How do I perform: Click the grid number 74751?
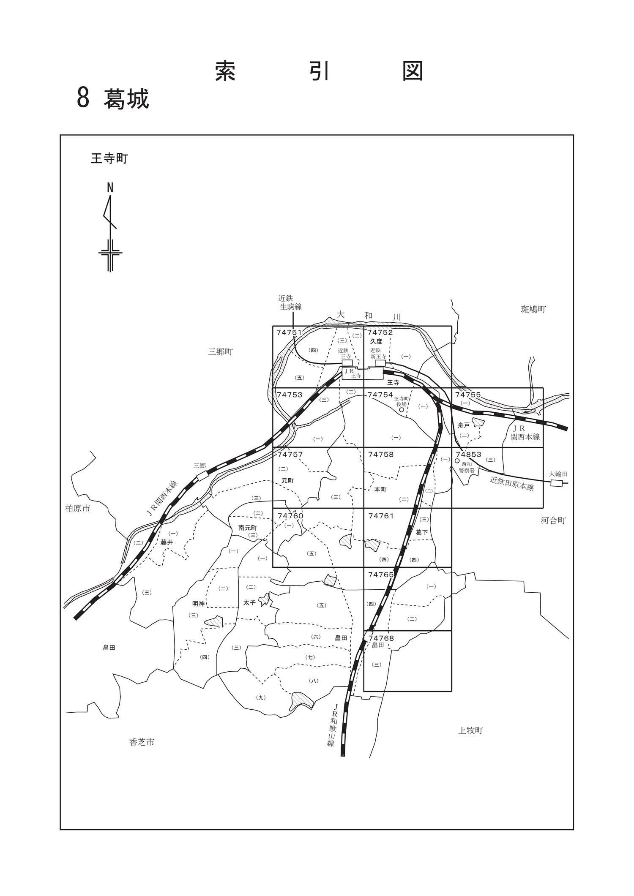[290, 332]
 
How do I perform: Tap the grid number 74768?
[381, 638]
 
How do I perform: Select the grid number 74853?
[469, 455]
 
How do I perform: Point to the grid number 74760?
[290, 516]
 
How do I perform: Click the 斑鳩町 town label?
[533, 309]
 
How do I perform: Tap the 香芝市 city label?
[142, 742]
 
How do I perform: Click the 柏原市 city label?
[78, 509]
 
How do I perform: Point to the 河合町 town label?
[553, 520]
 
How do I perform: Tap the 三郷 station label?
[199, 466]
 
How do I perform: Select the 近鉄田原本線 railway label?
[512, 484]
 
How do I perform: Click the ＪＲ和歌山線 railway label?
[333, 725]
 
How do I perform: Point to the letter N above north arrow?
[110, 188]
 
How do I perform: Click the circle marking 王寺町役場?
[402, 409]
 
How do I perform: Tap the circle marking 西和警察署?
[457, 461]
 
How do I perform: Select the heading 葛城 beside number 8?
[126, 99]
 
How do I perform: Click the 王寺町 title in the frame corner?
[109, 159]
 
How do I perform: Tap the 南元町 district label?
[248, 528]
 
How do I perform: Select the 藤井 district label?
[167, 542]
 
